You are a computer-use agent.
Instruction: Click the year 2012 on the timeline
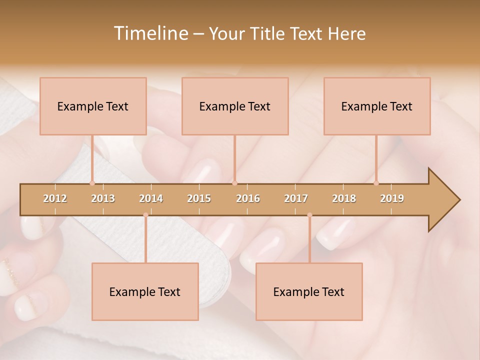tap(55, 198)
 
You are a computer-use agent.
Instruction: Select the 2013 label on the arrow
tap(103, 198)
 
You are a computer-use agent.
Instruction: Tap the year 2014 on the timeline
tap(151, 198)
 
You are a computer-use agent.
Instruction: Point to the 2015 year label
tap(199, 198)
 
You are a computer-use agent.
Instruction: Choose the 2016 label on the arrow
tap(248, 198)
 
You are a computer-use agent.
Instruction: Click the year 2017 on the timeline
tap(296, 198)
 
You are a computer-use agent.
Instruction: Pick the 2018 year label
tap(344, 198)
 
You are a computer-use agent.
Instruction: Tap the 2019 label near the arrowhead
tap(392, 198)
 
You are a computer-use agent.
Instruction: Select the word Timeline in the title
tap(149, 33)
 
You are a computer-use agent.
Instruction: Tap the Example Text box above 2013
tap(93, 106)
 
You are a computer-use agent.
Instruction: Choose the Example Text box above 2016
tap(235, 106)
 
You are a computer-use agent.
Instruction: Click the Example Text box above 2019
tap(377, 106)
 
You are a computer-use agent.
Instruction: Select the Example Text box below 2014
tap(145, 291)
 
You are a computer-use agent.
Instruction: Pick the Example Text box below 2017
tap(309, 291)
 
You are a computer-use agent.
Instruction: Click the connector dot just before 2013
tap(92, 183)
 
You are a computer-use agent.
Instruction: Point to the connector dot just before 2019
tap(376, 183)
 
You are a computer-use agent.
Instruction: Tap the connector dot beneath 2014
tap(145, 215)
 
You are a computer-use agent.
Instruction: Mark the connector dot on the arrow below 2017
tap(309, 215)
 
